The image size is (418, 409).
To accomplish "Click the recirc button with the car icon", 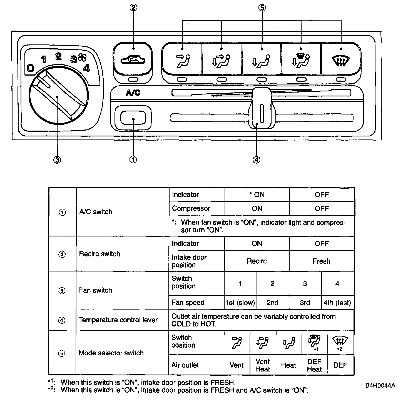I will tap(133, 59).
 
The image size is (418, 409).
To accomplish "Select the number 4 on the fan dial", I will tap(87, 68).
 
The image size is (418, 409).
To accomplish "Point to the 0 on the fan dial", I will tap(30, 68).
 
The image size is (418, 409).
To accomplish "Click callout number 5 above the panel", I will tap(262, 8).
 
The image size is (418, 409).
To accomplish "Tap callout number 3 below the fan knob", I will tap(57, 159).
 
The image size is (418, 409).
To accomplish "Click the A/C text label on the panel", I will tap(133, 93).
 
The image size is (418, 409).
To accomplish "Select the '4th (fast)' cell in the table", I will tap(337, 303).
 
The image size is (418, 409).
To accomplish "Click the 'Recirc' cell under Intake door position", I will tap(257, 261).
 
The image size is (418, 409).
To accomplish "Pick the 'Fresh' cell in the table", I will tap(322, 261).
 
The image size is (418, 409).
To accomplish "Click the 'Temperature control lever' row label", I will tap(118, 320).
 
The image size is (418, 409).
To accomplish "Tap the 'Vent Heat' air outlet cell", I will tap(263, 365).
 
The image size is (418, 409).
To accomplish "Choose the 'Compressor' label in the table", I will tap(191, 208).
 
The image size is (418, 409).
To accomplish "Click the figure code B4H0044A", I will tap(380, 385).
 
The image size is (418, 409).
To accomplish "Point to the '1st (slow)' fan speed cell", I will tap(240, 303).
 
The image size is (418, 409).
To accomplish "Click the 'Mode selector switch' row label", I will tap(111, 353).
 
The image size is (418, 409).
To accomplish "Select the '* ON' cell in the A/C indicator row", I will tap(257, 195).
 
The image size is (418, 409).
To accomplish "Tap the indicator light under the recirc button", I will tap(133, 80).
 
